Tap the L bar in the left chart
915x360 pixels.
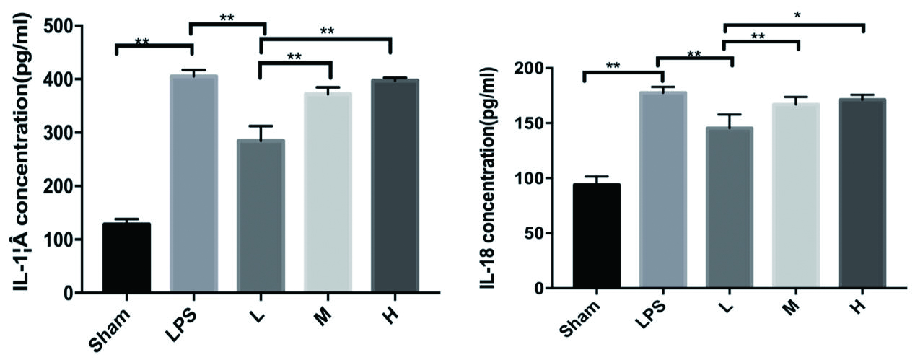261,216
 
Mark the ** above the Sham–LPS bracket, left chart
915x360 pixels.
142,42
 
